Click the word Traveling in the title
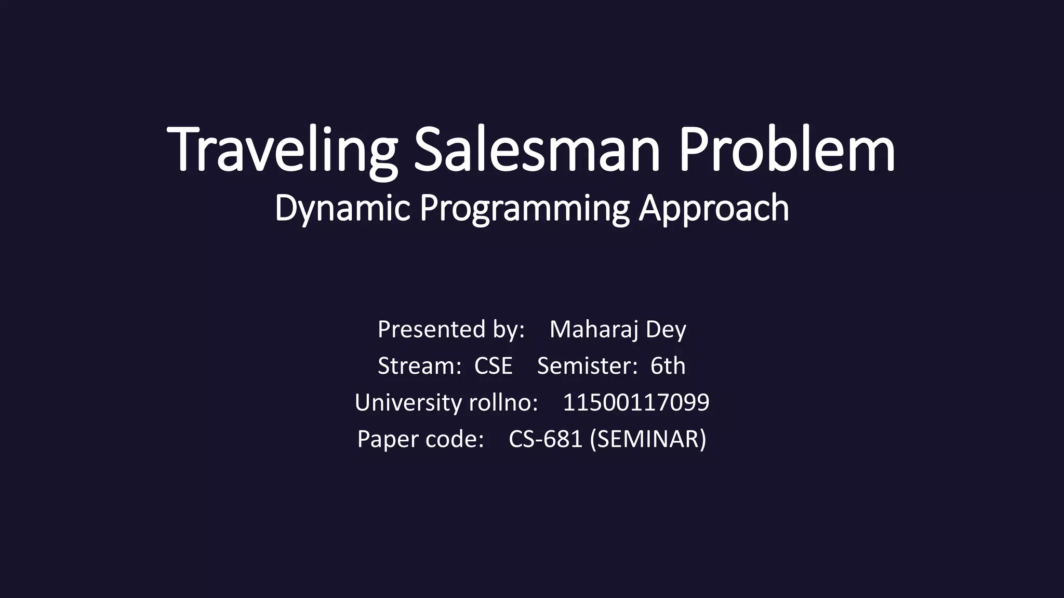click(x=282, y=151)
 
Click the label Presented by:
click(x=451, y=330)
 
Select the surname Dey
click(x=666, y=330)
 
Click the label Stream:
click(x=419, y=366)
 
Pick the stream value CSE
click(x=493, y=366)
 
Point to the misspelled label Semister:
click(x=587, y=366)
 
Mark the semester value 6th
click(x=668, y=366)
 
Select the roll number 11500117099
click(x=636, y=403)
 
